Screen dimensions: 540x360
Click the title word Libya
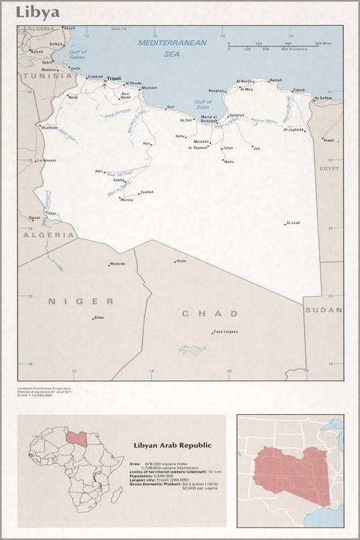pos(38,13)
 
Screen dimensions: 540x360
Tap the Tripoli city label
pos(114,78)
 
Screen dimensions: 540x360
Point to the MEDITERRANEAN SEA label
pos(172,48)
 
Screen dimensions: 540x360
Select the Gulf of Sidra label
pos(202,105)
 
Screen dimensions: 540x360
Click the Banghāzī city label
pos(216,91)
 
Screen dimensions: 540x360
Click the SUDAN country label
pos(323,309)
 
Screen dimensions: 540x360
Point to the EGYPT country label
pos(329,169)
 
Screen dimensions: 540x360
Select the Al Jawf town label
pos(293,223)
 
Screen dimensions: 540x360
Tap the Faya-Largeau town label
pos(226,332)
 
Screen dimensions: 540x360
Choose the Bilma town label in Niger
pos(99,318)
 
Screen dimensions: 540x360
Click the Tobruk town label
pos(299,90)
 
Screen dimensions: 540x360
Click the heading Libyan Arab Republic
pos(172,445)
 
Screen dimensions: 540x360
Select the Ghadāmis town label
pos(50,127)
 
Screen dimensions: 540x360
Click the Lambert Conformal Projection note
pos(44,388)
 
